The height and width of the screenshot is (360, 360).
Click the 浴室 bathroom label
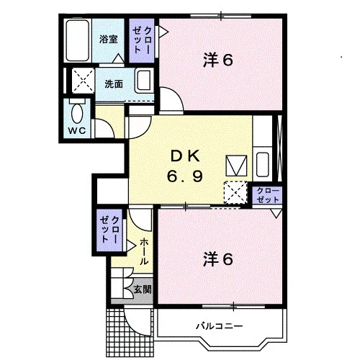point(109,40)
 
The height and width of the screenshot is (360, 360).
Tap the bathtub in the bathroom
point(77,40)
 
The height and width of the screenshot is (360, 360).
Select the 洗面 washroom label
point(114,84)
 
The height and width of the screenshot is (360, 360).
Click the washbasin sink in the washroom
point(143,81)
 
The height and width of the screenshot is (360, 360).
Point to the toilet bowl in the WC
point(77,113)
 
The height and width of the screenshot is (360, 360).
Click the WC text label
point(77,131)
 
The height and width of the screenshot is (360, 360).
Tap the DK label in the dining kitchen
point(185,156)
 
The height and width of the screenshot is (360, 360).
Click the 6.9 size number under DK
point(185,176)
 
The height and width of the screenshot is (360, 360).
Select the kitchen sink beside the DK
point(262,165)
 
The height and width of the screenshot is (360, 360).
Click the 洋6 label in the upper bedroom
point(218,60)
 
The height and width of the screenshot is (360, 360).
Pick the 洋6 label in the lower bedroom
point(218,259)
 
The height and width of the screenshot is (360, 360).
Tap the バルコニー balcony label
point(220,326)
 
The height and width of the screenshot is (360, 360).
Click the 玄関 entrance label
point(143,289)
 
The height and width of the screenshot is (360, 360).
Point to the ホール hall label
point(143,251)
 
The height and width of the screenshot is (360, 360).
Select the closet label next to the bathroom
point(142,40)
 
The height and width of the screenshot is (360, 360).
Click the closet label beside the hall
point(109,230)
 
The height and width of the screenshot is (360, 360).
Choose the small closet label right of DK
point(268,195)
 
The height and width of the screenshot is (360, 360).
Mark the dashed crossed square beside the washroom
point(83,80)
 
